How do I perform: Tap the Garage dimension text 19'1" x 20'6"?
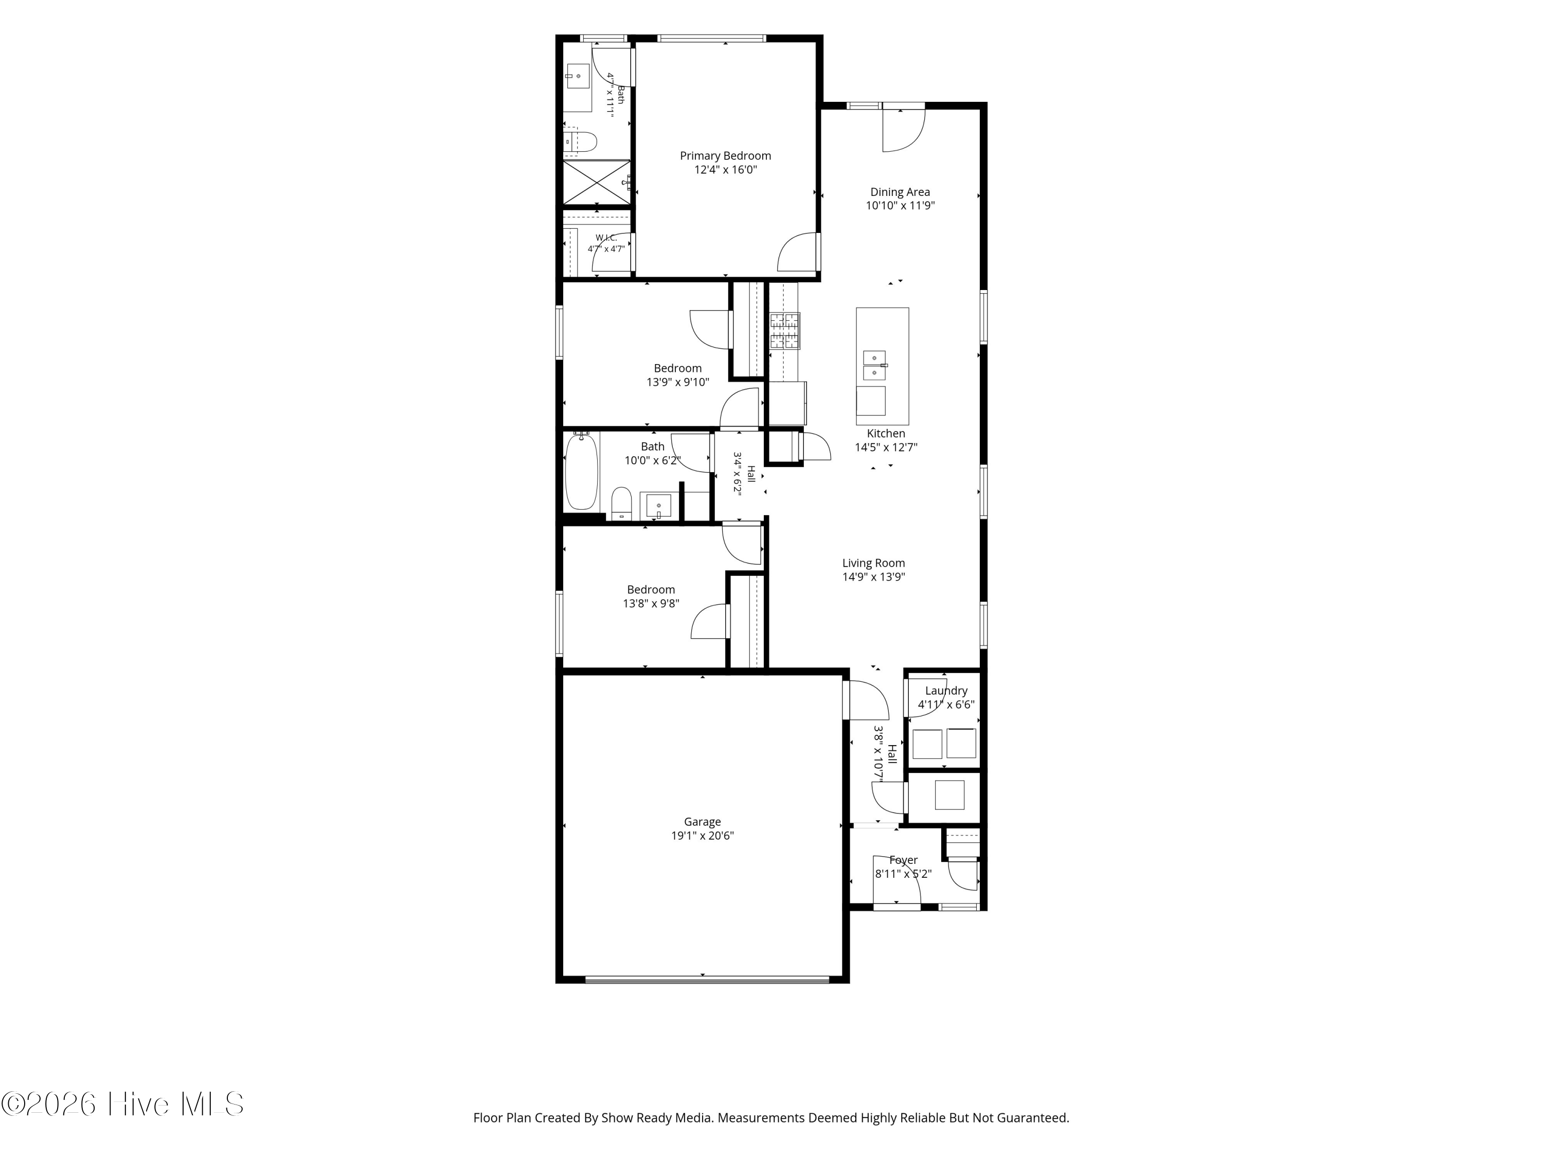(703, 836)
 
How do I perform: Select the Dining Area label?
(900, 192)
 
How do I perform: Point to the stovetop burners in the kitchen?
(785, 331)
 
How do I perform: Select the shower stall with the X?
(597, 183)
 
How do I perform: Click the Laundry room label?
(946, 691)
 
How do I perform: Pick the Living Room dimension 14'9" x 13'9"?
(874, 577)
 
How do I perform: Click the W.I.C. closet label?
(606, 238)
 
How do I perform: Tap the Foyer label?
(903, 860)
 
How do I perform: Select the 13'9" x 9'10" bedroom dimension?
(678, 382)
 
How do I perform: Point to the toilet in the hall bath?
(621, 503)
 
